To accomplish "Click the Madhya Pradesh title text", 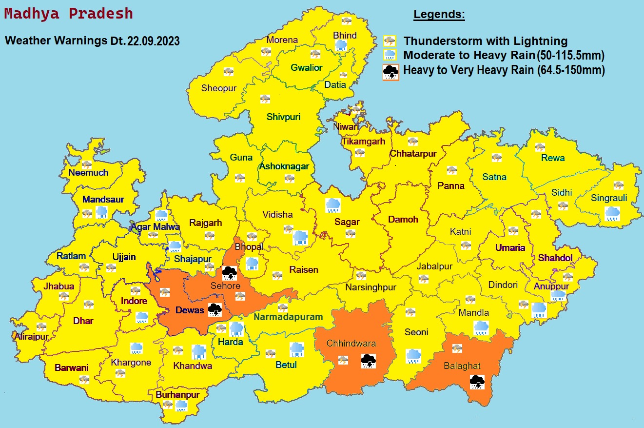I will [68, 14].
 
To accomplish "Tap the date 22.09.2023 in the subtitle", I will [153, 41].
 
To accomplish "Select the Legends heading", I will [439, 15].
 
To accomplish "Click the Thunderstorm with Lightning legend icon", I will [390, 41].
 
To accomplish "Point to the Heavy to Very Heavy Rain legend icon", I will [390, 72].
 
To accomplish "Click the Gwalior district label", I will [307, 68].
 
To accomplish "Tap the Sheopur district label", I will [218, 88].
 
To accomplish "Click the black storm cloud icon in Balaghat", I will [477, 382].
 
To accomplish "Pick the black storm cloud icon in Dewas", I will [215, 309].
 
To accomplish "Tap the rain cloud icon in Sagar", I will [333, 205].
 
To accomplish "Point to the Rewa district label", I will [553, 158].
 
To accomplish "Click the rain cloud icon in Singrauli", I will [612, 213].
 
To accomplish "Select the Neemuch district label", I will [88, 172].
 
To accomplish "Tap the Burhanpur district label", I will [178, 394].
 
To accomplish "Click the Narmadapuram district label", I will [288, 317].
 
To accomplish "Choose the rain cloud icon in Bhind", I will [341, 46].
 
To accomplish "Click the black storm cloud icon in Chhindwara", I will [368, 361].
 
